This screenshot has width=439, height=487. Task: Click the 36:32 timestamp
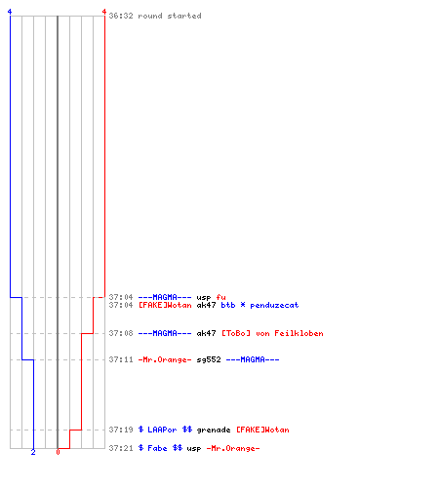tap(121, 16)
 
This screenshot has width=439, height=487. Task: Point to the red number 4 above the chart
tap(104, 12)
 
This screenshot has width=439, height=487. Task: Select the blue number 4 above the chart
tap(10, 12)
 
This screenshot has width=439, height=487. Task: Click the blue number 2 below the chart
tap(33, 452)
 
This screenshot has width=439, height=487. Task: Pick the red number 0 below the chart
tap(58, 452)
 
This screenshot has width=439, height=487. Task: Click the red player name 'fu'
tap(220, 297)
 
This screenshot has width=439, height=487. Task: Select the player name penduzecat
tap(274, 305)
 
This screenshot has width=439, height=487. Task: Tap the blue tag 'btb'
tap(228, 305)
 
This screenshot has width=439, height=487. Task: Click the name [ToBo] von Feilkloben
tap(272, 333)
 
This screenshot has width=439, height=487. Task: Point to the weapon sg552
tap(209, 359)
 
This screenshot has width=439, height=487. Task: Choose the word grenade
tap(214, 430)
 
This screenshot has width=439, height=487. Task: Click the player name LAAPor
tap(162, 430)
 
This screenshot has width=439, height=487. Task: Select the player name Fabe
tap(157, 448)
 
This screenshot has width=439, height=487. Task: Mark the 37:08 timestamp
tap(121, 333)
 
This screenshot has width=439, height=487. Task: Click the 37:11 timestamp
tap(121, 359)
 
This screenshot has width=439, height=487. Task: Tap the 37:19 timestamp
tap(121, 430)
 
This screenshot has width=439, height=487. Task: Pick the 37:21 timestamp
tap(121, 448)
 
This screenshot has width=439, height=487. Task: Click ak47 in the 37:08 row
tap(206, 333)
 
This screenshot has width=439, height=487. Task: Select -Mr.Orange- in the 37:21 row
tap(233, 448)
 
